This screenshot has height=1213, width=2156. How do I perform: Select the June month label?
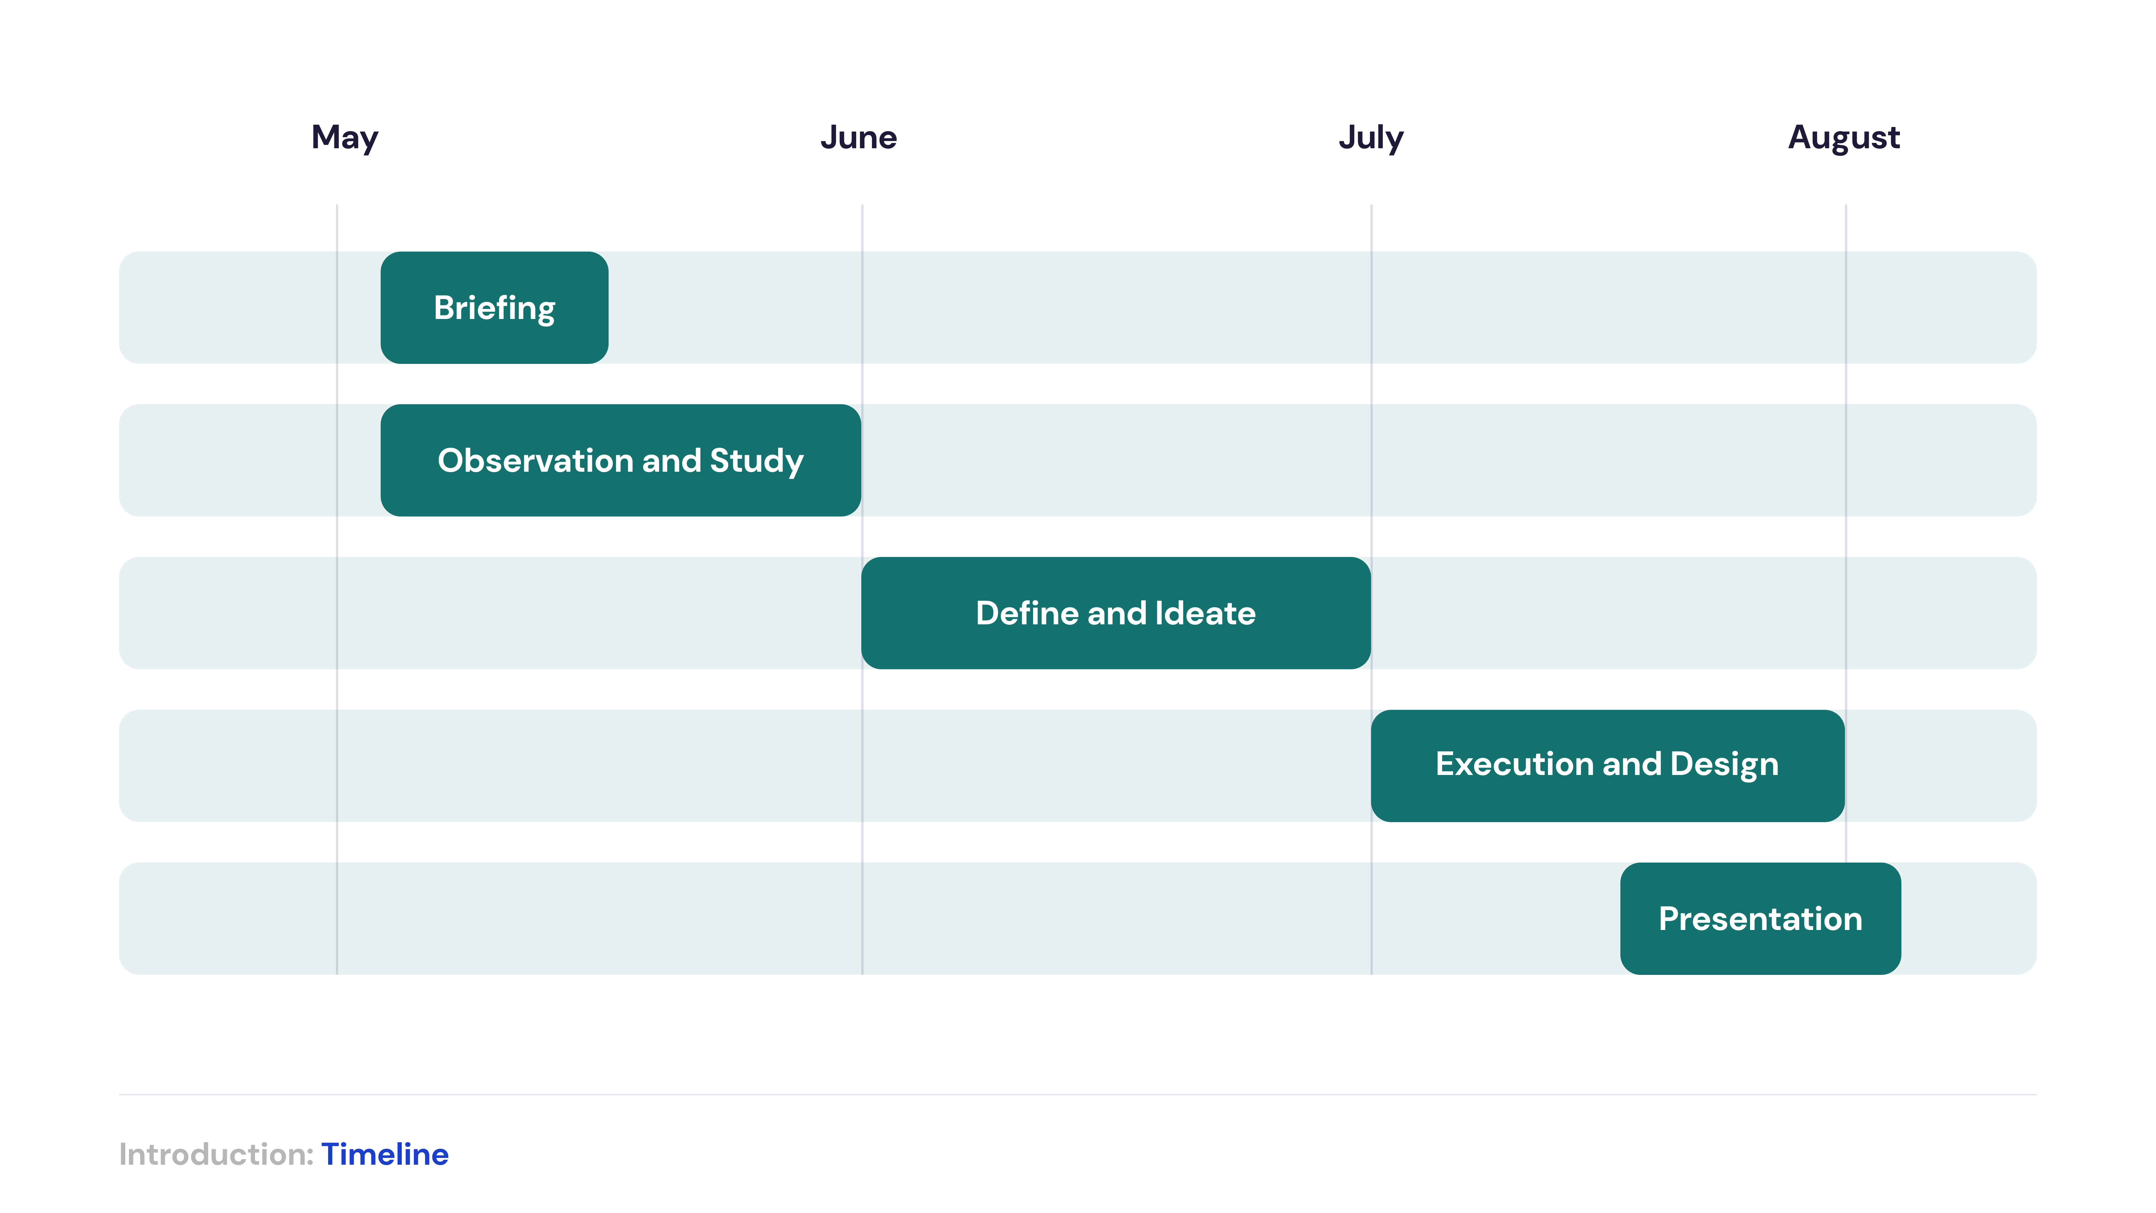pos(859,137)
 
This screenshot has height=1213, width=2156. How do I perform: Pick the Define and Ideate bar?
pos(1116,613)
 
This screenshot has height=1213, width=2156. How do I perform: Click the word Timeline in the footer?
pos(385,1154)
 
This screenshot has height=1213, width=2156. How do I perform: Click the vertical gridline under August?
pos(1846,533)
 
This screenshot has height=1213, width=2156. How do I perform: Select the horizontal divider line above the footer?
pos(1078,1094)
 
